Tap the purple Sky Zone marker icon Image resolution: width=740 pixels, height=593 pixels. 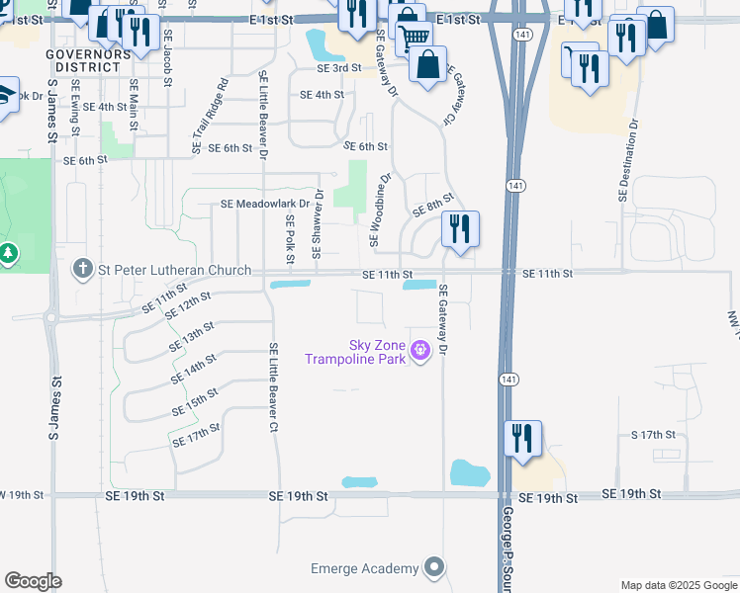tap(420, 348)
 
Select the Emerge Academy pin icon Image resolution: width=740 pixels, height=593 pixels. tap(433, 567)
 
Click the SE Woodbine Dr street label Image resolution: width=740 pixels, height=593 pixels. tap(379, 212)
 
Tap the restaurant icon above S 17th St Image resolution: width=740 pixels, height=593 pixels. tap(522, 438)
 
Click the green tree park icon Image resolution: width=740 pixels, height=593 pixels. tap(9, 254)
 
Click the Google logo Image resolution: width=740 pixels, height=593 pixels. tap(34, 581)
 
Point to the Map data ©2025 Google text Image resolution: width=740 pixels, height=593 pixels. tap(680, 585)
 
